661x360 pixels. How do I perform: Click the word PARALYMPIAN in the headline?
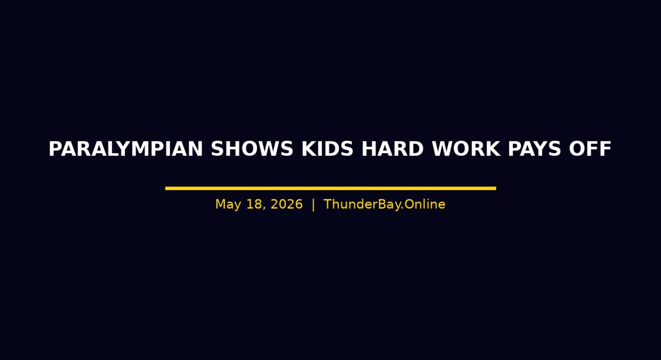point(126,149)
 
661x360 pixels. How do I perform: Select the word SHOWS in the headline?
point(252,149)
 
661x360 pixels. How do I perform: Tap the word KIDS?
point(327,149)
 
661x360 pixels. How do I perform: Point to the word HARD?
point(393,149)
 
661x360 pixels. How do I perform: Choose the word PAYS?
point(534,149)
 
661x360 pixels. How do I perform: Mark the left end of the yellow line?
point(165,188)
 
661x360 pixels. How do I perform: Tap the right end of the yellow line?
point(496,188)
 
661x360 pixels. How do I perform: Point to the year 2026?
point(287,204)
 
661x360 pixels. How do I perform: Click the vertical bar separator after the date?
point(313,205)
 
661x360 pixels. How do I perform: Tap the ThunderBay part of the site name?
point(364,205)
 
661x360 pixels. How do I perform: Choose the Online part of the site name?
point(425,204)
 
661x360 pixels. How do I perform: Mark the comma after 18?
point(264,209)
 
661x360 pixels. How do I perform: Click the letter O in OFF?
point(577,149)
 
